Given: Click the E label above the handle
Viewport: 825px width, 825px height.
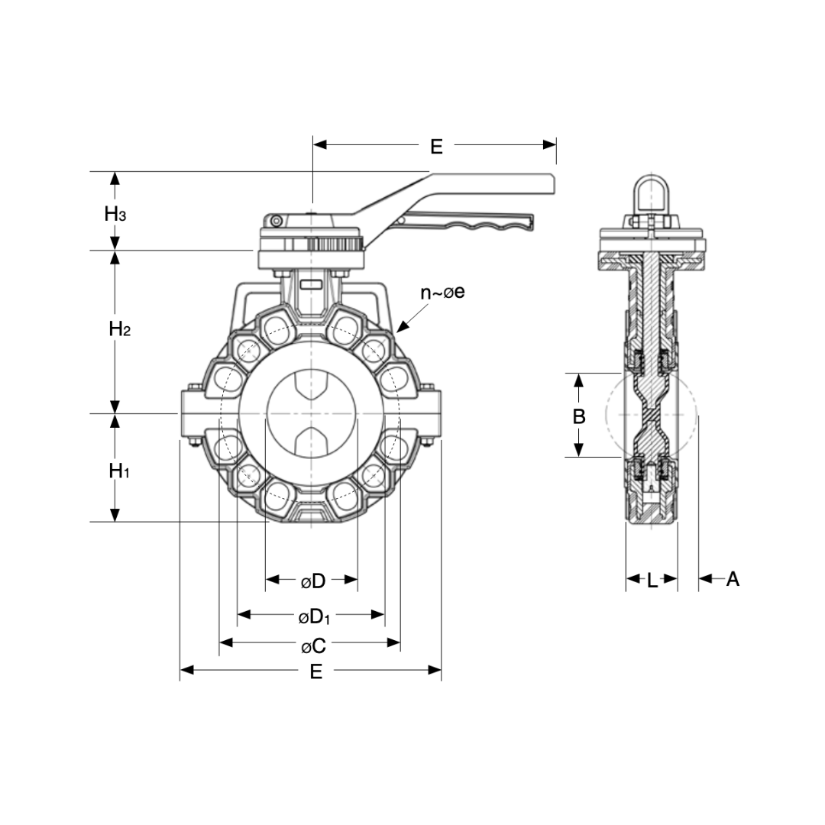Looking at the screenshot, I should [435, 146].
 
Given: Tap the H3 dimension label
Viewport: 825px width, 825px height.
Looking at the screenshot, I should [115, 214].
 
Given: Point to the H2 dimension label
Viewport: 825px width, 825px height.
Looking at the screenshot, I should [120, 329].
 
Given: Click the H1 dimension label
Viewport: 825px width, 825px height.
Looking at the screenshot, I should [118, 471].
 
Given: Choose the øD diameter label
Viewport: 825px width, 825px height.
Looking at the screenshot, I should [312, 581].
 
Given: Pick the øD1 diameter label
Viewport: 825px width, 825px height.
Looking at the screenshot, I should [314, 616].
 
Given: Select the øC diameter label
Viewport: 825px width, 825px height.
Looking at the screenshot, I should [313, 646].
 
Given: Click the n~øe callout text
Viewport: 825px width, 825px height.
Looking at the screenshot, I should [442, 293].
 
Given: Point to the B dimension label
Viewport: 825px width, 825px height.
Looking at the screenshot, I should [579, 416].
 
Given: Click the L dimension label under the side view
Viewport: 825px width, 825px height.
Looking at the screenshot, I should [652, 581].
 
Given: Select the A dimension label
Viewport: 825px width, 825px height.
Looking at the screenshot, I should [733, 579].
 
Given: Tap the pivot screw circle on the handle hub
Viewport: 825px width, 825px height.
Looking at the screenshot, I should [275, 221].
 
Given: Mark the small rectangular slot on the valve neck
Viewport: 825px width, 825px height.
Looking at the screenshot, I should [312, 285].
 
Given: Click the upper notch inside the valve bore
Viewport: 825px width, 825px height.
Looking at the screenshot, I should [312, 386].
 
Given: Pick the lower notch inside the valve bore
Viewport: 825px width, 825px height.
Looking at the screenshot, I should [312, 441].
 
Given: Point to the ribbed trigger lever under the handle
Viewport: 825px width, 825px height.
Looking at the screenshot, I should [466, 223].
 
